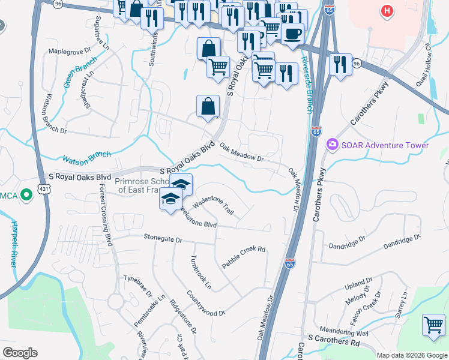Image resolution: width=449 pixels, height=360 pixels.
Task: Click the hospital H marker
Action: (x=387, y=11)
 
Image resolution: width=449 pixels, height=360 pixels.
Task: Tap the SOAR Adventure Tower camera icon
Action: (x=331, y=145)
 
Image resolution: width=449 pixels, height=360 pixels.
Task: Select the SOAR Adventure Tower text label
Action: (x=385, y=145)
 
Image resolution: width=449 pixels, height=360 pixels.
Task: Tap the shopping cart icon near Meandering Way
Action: (x=433, y=325)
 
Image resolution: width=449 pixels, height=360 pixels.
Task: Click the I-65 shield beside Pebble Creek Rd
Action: (x=290, y=263)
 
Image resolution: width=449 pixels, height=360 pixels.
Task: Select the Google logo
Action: (x=20, y=353)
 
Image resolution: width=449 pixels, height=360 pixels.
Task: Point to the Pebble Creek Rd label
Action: (x=244, y=257)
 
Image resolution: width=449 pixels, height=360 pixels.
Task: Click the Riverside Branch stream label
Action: (x=307, y=84)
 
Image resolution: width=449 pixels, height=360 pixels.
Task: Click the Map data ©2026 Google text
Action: (x=411, y=355)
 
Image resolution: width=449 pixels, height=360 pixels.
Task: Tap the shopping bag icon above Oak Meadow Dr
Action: (x=207, y=107)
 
